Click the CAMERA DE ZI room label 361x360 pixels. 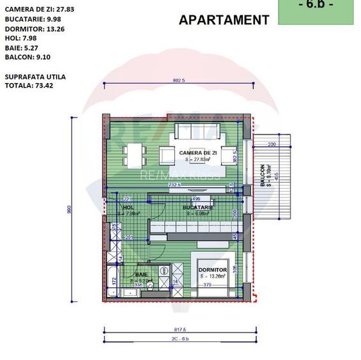[x=198, y=153]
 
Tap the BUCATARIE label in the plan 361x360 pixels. [x=197, y=208]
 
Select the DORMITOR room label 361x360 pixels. [x=213, y=270]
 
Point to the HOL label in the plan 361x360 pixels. [x=128, y=208]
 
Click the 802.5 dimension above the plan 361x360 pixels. [x=179, y=81]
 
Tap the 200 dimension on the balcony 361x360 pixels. [x=272, y=145]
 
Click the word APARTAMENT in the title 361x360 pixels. [x=224, y=20]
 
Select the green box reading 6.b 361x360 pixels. [x=315, y=10]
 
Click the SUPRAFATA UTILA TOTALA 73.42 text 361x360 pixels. [x=35, y=81]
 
